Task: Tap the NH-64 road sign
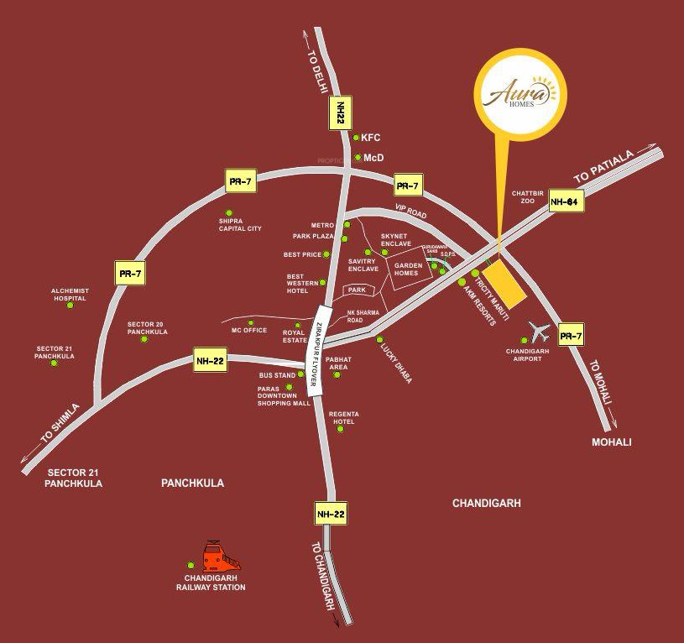[x=567, y=201]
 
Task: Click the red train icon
[x=222, y=557]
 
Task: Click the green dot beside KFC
[x=357, y=138]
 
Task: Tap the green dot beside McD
[x=358, y=157]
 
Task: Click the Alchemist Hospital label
[x=70, y=295]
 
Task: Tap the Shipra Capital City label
[x=240, y=224]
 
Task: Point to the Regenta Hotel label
[x=341, y=417]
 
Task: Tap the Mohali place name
[x=611, y=442]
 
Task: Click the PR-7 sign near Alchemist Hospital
[x=130, y=273]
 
